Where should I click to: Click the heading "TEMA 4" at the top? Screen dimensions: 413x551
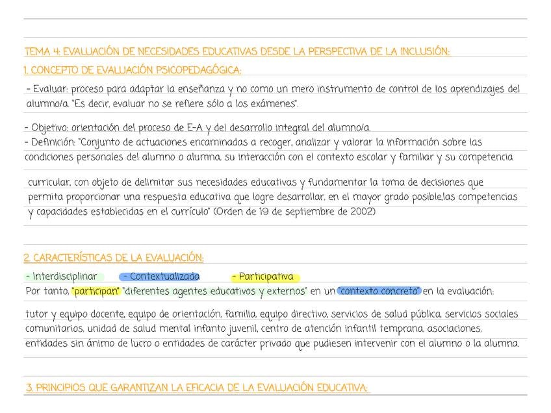pos(43,51)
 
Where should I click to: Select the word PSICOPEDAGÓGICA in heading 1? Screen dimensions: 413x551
pos(198,70)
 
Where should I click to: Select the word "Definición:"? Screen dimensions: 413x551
pos(53,142)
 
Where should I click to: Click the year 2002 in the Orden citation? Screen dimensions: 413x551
pos(361,212)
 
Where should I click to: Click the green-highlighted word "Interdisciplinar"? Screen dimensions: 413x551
pos(64,277)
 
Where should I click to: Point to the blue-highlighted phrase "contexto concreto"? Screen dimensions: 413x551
pos(379,291)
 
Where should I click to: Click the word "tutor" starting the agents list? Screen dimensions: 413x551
pos(36,314)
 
